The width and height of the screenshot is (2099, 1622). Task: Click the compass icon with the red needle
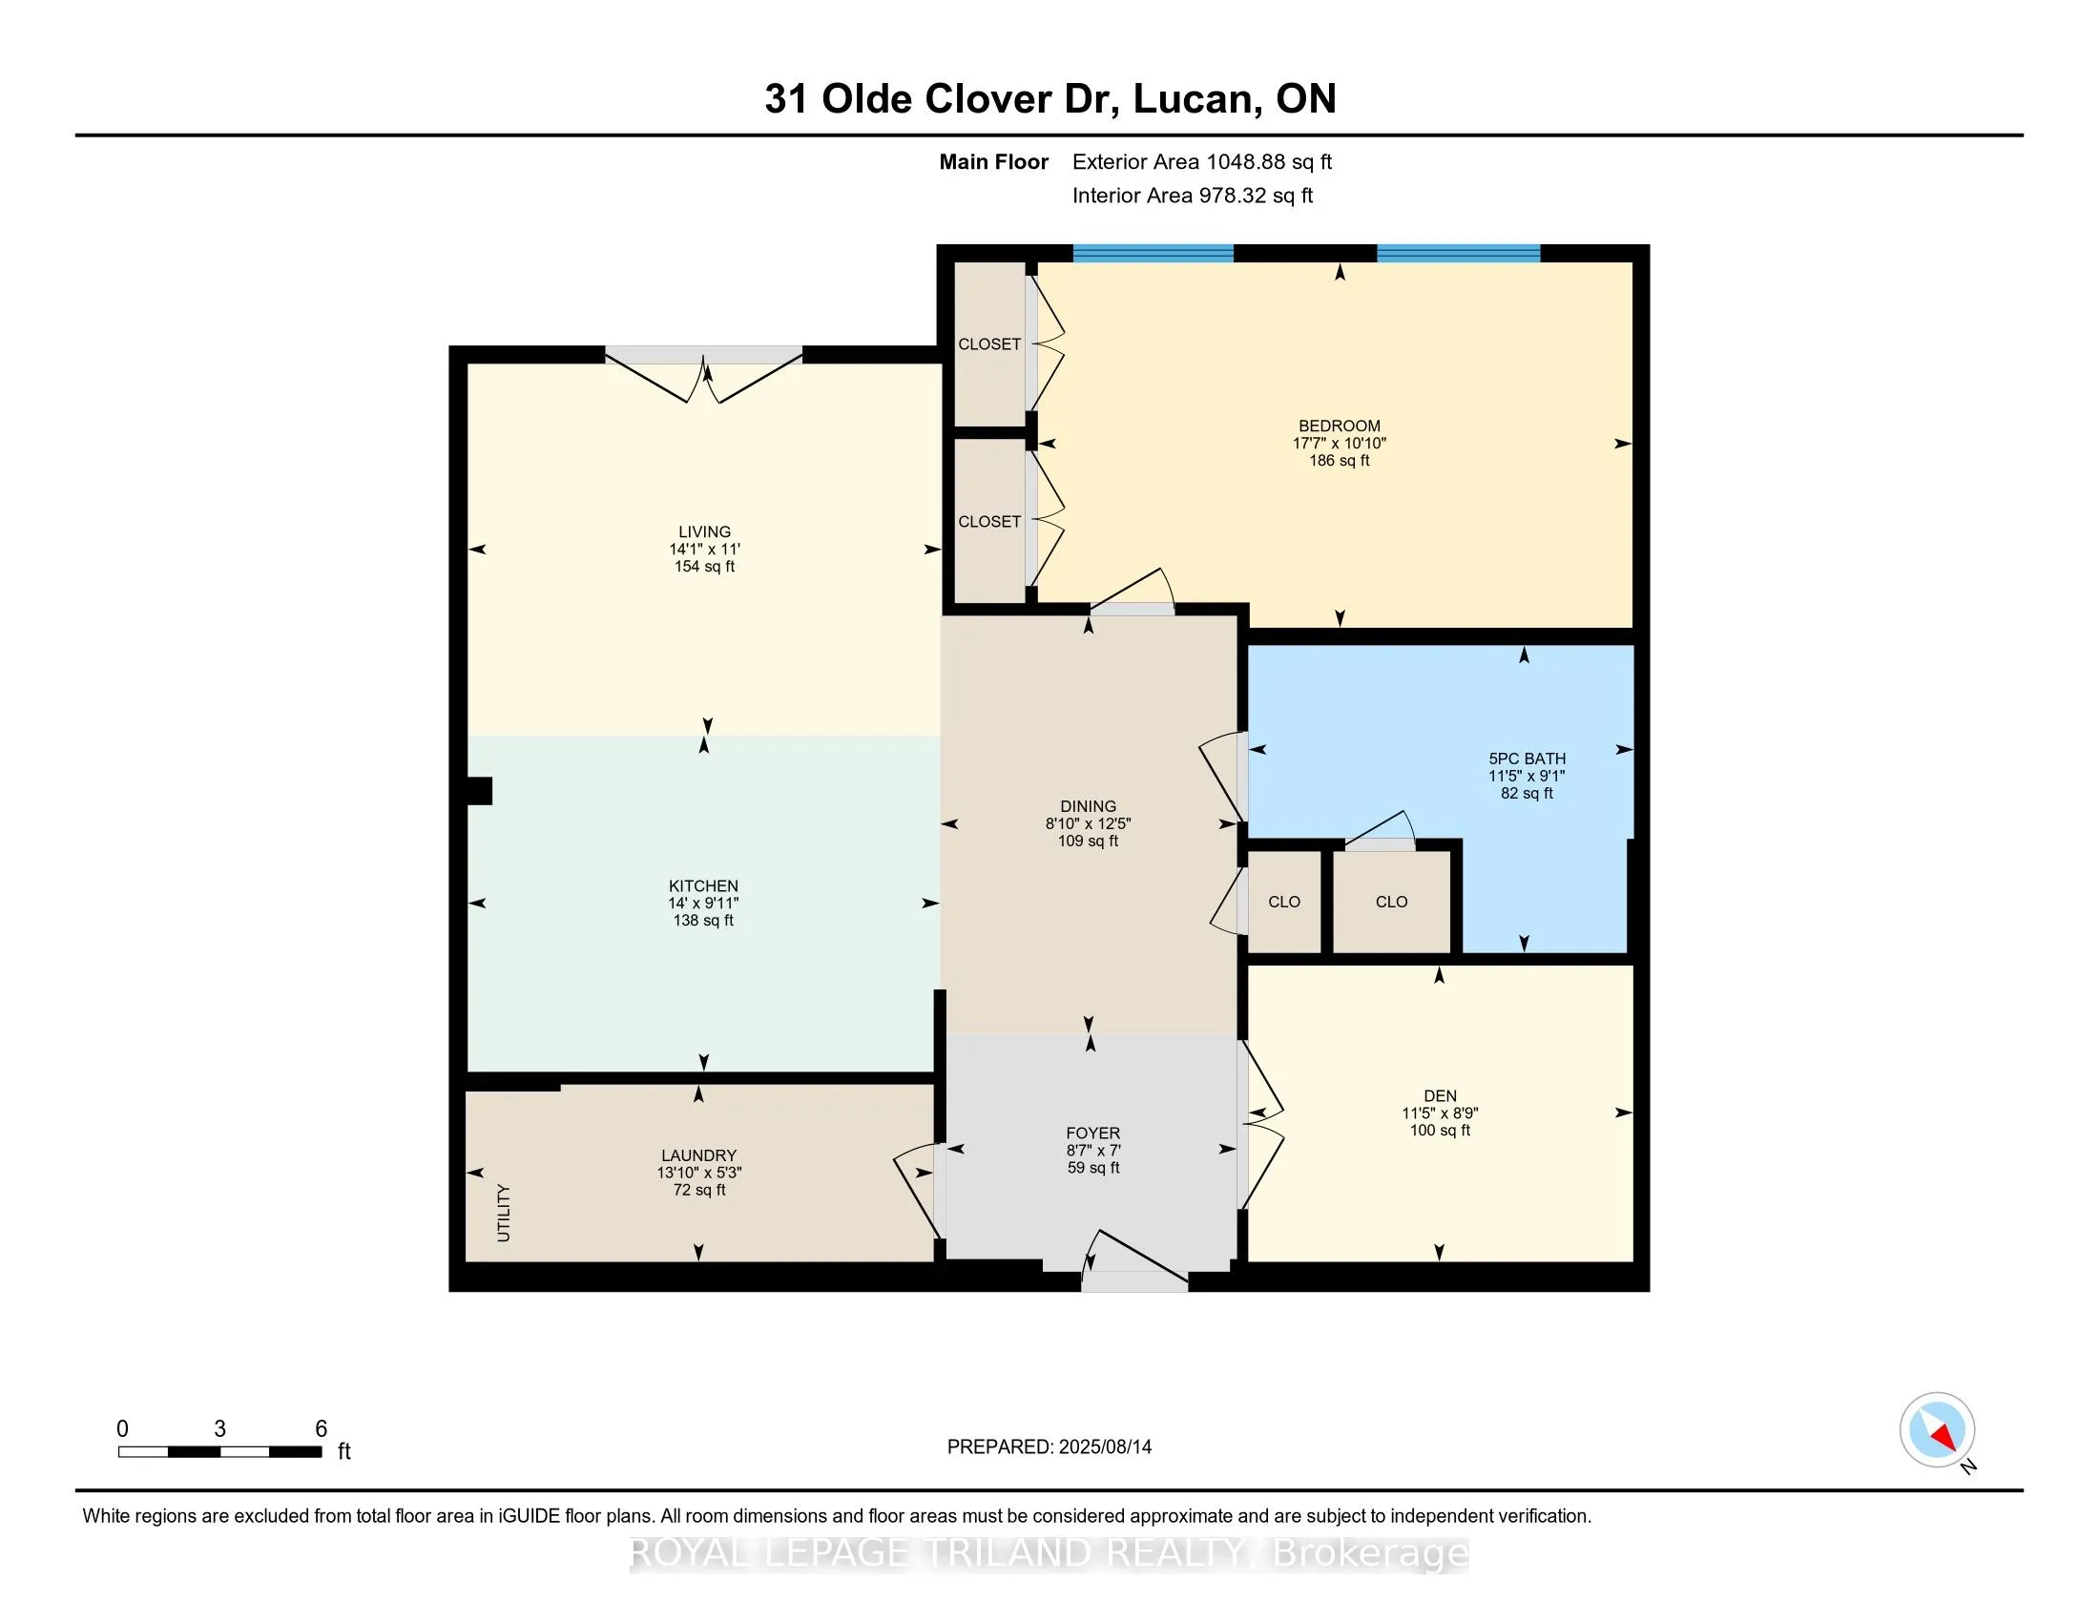pos(1937,1430)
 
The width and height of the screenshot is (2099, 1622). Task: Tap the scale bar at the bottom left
pos(219,1452)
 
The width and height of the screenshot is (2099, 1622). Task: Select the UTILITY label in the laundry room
pos(504,1214)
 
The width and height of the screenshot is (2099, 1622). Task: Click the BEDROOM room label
pos(1339,426)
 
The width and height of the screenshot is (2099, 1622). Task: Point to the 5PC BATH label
pos(1527,759)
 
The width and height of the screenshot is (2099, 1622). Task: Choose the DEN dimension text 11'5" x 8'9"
pos(1440,1113)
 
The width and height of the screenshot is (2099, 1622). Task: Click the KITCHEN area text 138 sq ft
pos(703,921)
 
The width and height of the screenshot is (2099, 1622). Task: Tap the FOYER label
pos(1092,1133)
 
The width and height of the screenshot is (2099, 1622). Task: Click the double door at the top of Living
pos(703,374)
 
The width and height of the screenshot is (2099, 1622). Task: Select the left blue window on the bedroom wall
pos(1153,254)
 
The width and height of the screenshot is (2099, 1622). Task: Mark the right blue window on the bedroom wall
pos(1458,254)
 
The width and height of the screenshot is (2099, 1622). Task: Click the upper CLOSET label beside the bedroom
pos(989,344)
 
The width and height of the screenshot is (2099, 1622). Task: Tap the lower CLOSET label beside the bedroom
pos(989,522)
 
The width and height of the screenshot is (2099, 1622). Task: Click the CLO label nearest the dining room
pos(1284,903)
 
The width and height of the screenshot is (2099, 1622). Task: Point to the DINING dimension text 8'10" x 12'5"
pos(1088,823)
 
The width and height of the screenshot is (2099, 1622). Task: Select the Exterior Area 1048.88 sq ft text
pos(1202,162)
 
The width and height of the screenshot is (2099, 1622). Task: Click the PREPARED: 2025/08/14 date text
pos(1049,1446)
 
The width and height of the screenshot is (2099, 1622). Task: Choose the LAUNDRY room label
pos(698,1156)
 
